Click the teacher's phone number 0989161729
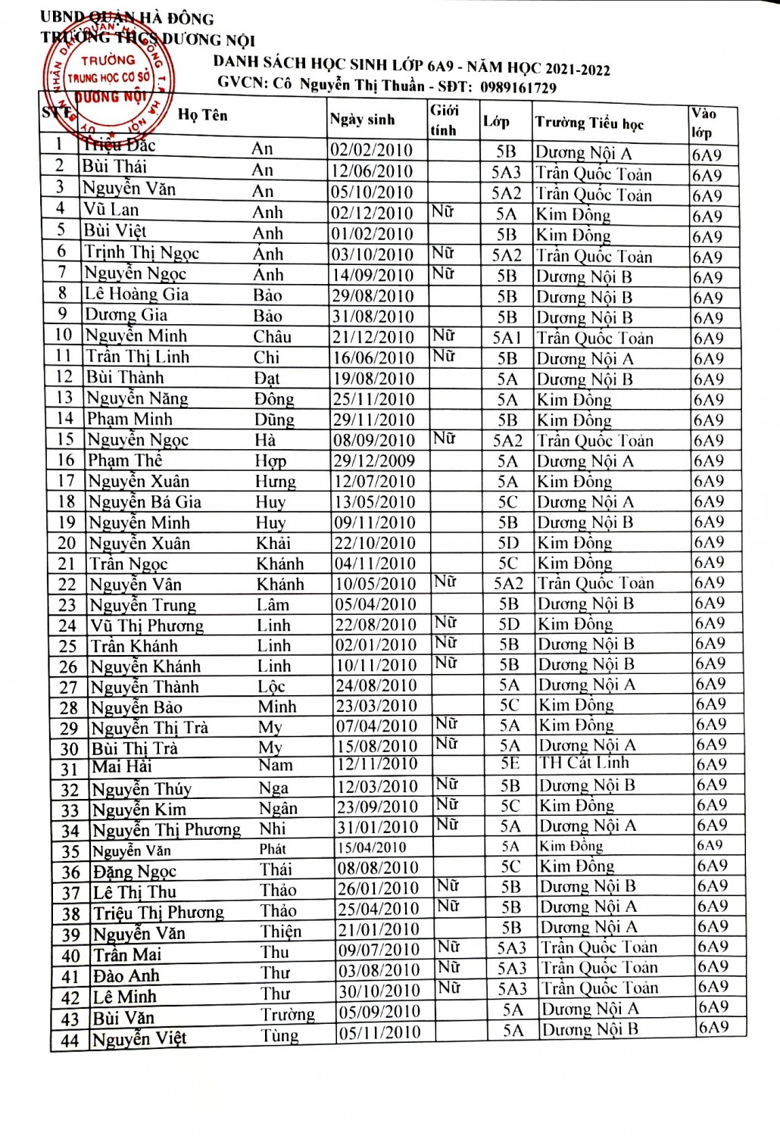tap(518, 87)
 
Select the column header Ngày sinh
tap(363, 119)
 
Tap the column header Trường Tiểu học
tap(589, 123)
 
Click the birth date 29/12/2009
tap(374, 460)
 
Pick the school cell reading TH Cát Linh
tap(584, 763)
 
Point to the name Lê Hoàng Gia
tap(136, 294)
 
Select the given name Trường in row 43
tap(288, 1015)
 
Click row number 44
tap(70, 1041)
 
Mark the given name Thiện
tap(281, 932)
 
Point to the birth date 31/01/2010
tap(378, 828)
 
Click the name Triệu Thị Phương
tap(158, 913)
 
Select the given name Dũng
tap(274, 420)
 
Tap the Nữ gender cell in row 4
tap(443, 211)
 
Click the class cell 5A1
tap(507, 338)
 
